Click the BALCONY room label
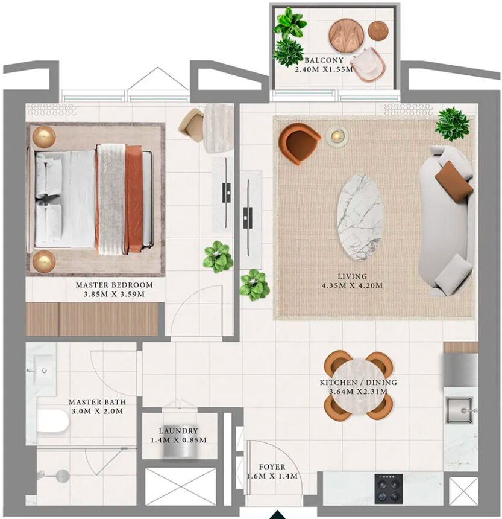[324, 60]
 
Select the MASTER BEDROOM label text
[114, 285]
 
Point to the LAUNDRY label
[178, 431]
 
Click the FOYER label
[272, 467]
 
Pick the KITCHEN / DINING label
[358, 383]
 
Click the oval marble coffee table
[360, 217]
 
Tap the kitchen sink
[461, 411]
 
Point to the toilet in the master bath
[52, 421]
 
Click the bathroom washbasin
[43, 368]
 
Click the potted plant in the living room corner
[452, 124]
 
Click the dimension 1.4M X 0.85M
[178, 440]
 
